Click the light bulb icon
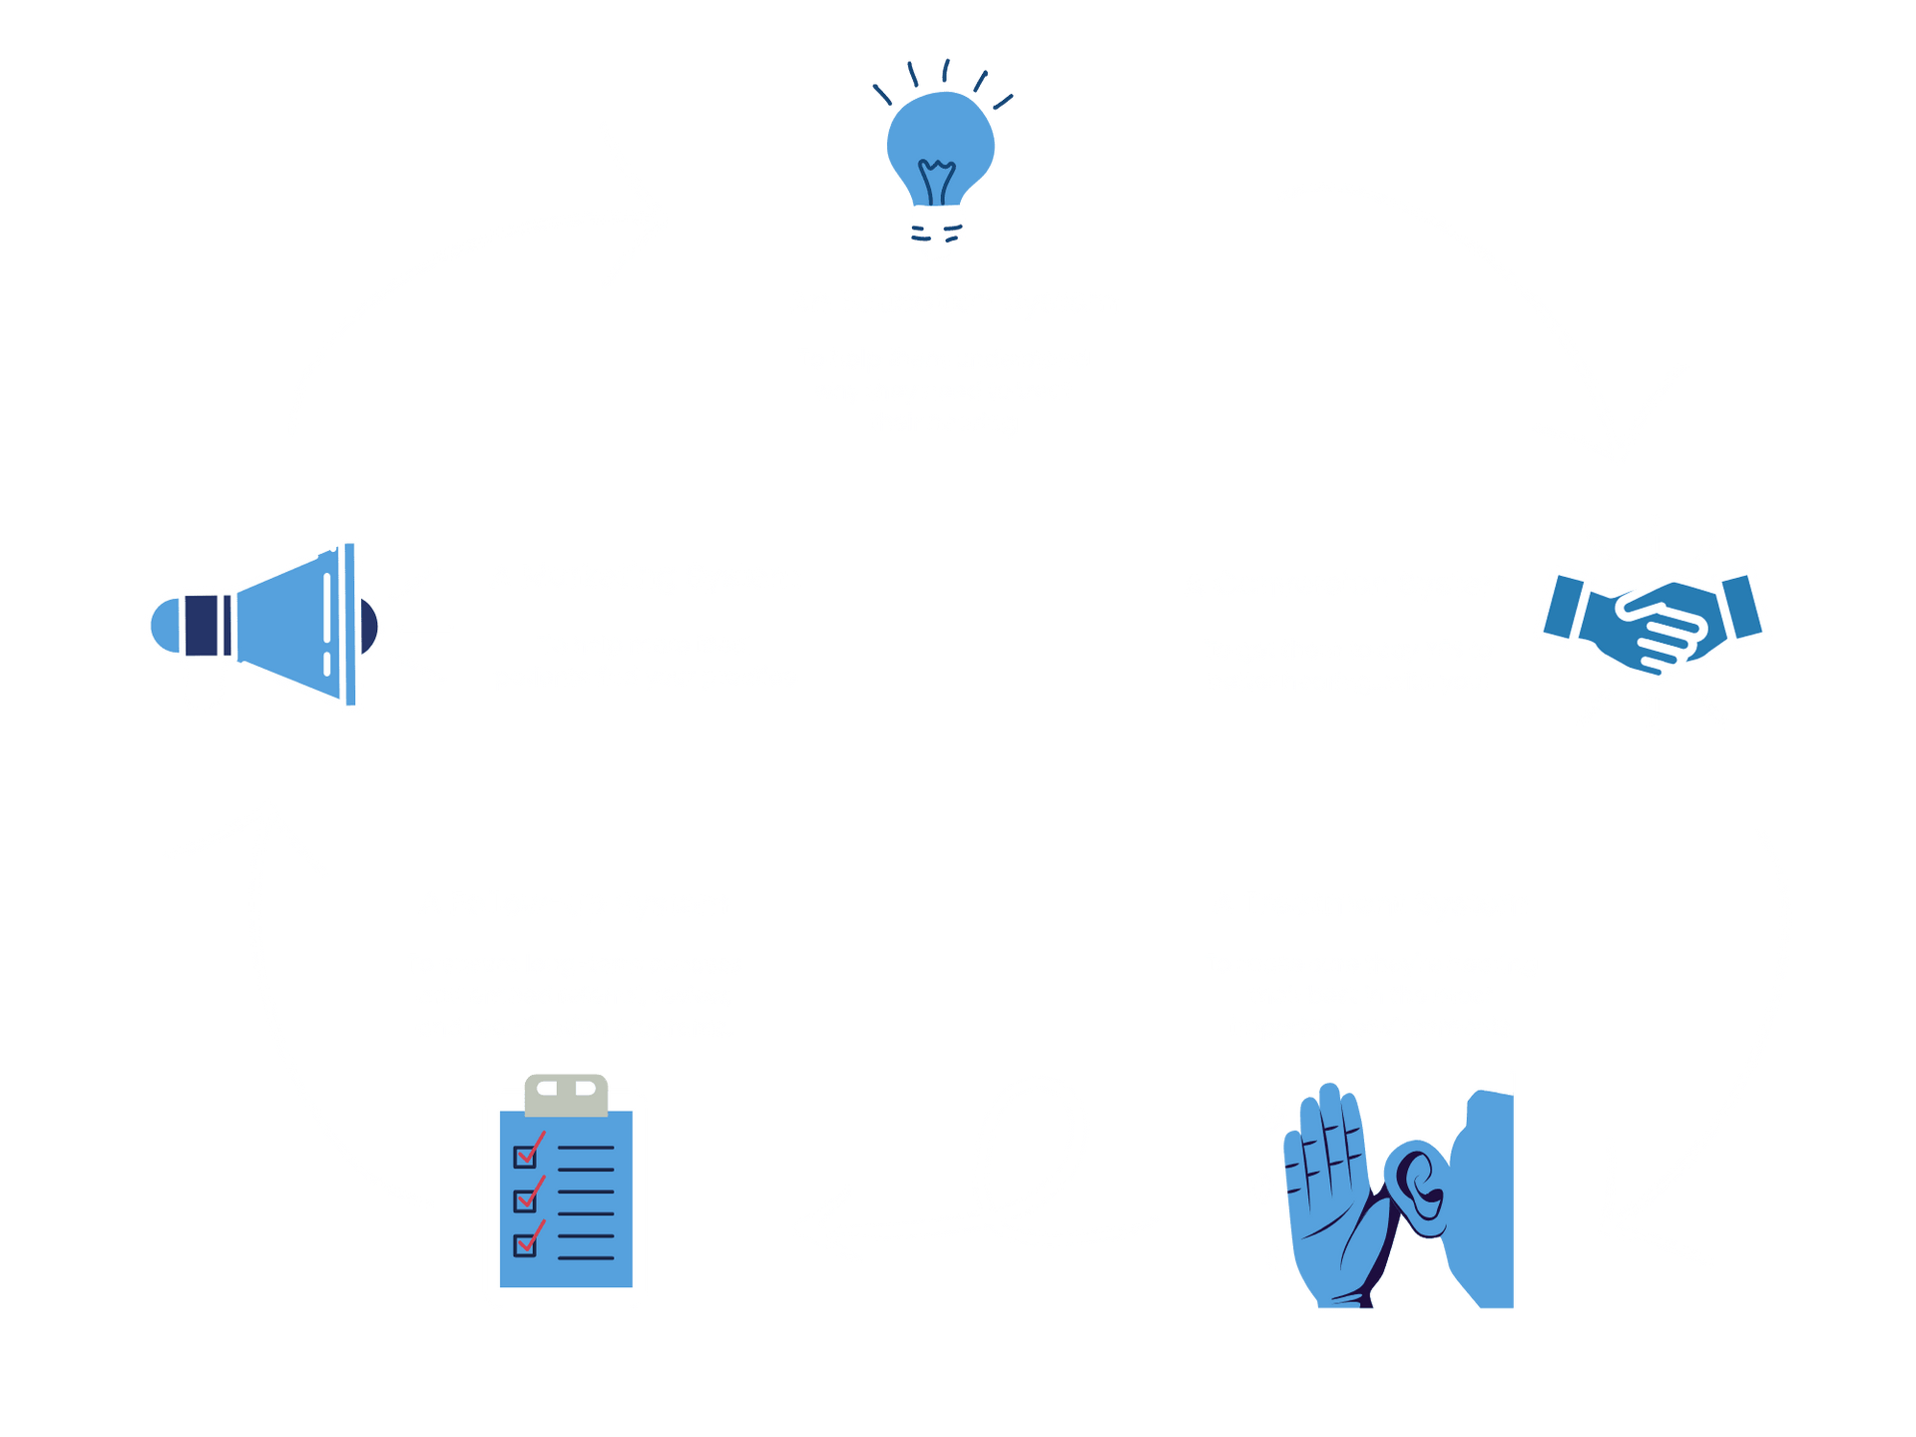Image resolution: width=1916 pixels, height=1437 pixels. click(x=940, y=160)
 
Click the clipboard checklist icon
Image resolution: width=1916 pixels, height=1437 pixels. click(x=566, y=1197)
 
